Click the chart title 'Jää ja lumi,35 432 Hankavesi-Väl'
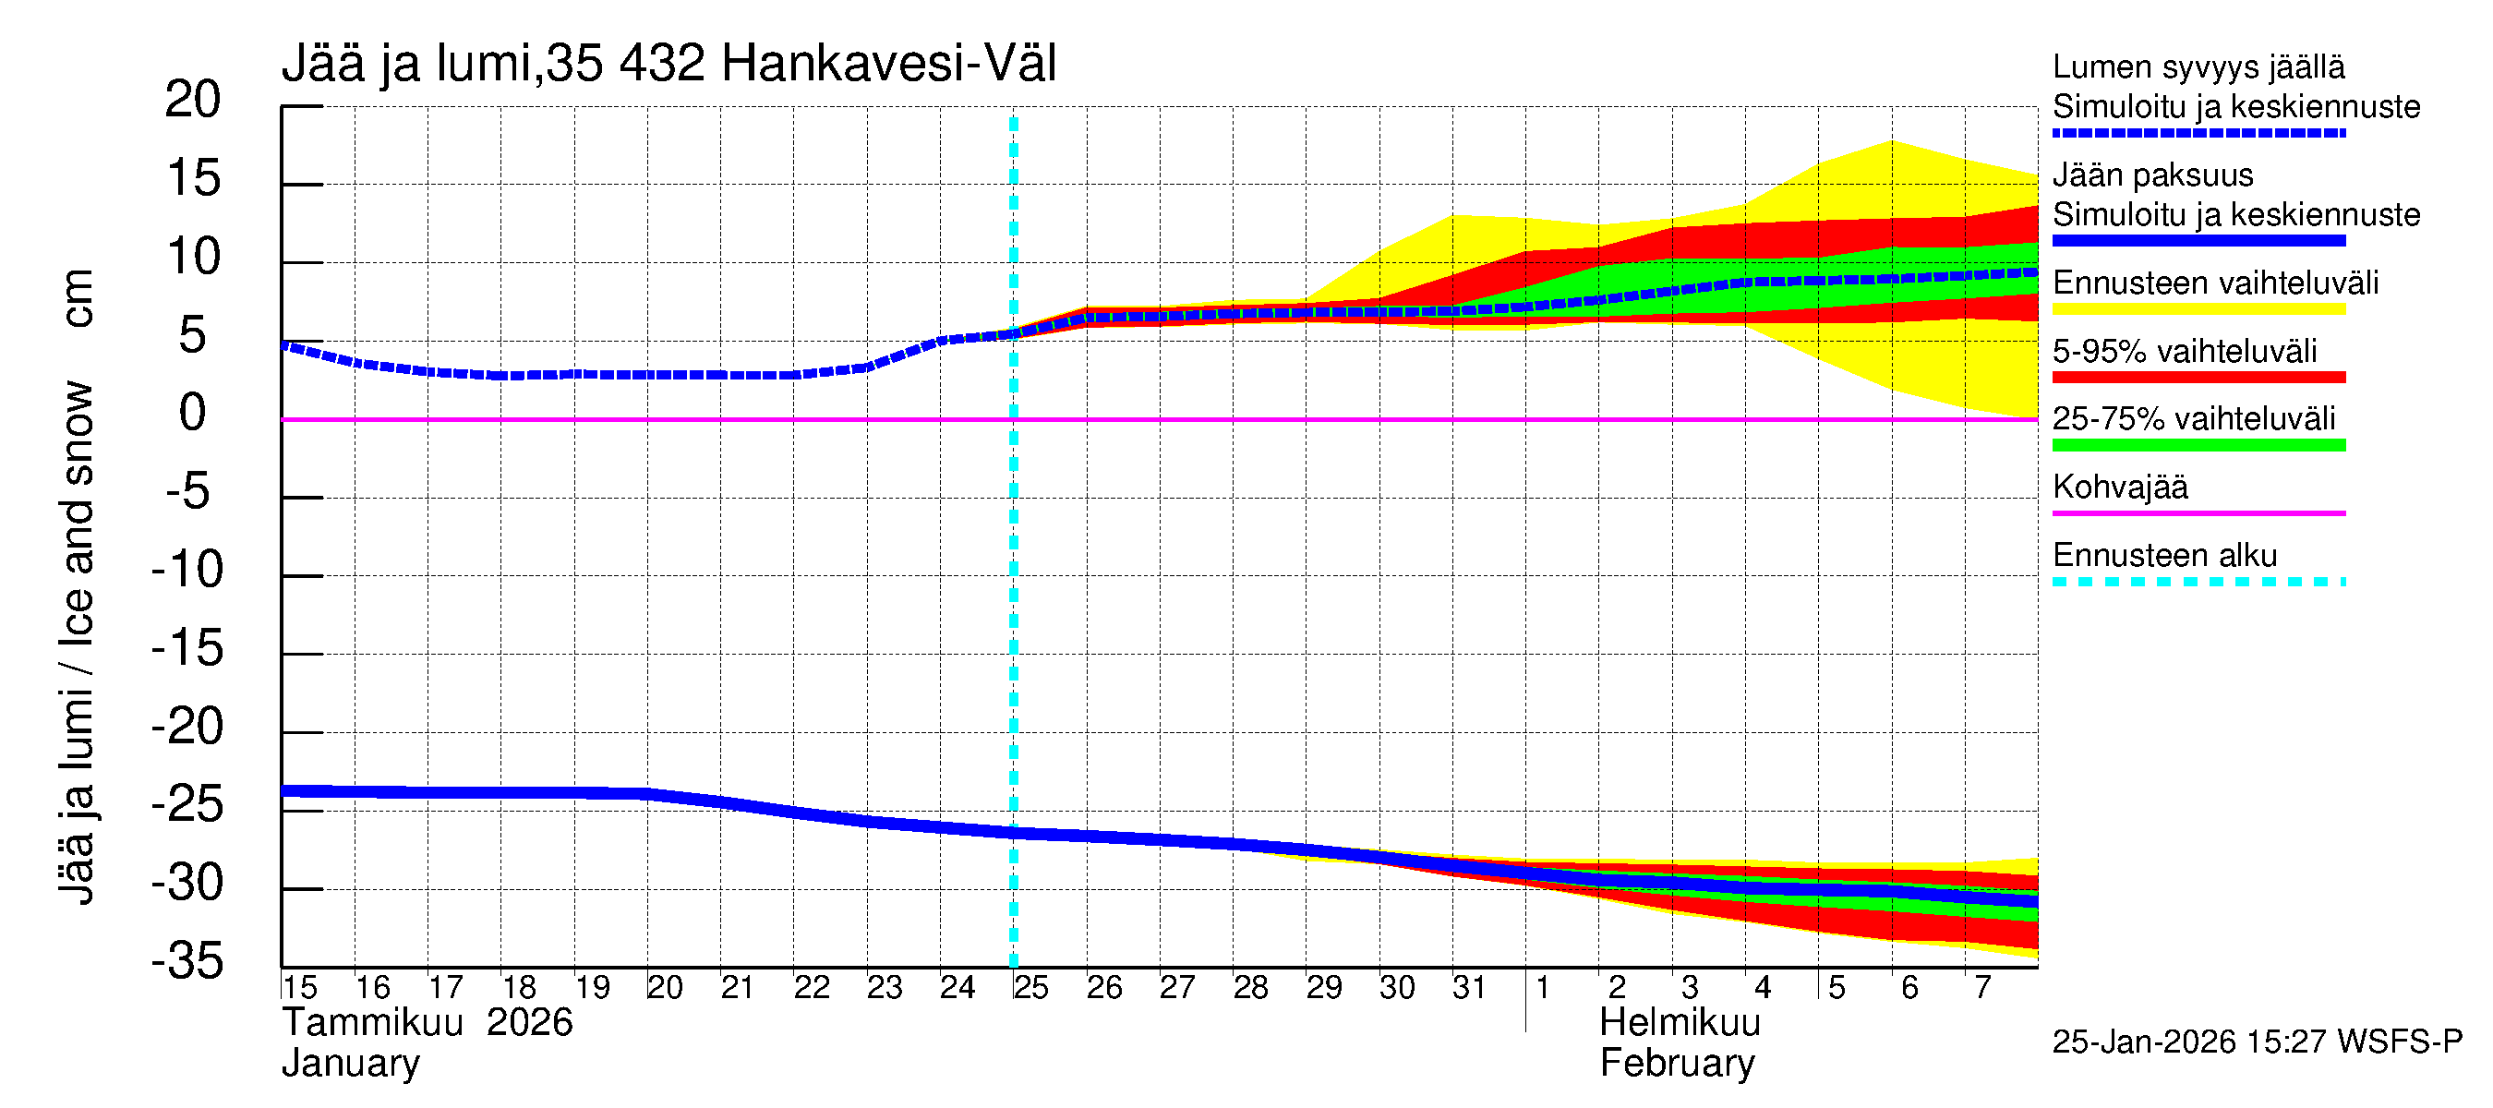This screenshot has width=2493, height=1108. point(668,64)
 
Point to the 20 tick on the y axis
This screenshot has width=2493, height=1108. point(193,100)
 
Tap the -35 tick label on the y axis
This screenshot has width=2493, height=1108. point(187,961)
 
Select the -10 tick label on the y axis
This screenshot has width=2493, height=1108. point(187,569)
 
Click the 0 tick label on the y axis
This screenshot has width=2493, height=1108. point(193,414)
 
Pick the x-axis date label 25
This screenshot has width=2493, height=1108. point(1030,988)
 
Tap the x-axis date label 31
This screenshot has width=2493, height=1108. point(1469,988)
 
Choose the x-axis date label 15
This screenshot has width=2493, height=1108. point(300,988)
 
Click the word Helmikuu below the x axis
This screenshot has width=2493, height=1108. point(1680,1023)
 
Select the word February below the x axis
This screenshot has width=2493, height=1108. point(1676,1064)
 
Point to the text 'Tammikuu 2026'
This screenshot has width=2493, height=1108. point(427,1023)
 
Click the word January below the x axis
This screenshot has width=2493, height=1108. point(350,1064)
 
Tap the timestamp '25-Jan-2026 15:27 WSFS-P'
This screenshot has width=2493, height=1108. point(2257,1042)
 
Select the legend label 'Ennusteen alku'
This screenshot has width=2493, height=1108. point(2165,556)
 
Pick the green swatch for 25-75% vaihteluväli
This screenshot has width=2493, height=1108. point(2198,445)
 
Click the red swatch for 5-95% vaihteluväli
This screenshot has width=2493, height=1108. point(2198,378)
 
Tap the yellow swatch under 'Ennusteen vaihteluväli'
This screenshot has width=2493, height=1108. point(2198,309)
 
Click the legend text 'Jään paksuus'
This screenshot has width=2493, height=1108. point(2152,175)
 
